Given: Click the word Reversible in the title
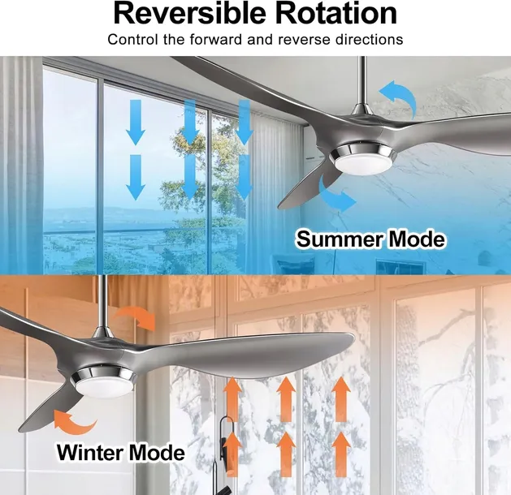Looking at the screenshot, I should point(191,14).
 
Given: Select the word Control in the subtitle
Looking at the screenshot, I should point(132,39).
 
